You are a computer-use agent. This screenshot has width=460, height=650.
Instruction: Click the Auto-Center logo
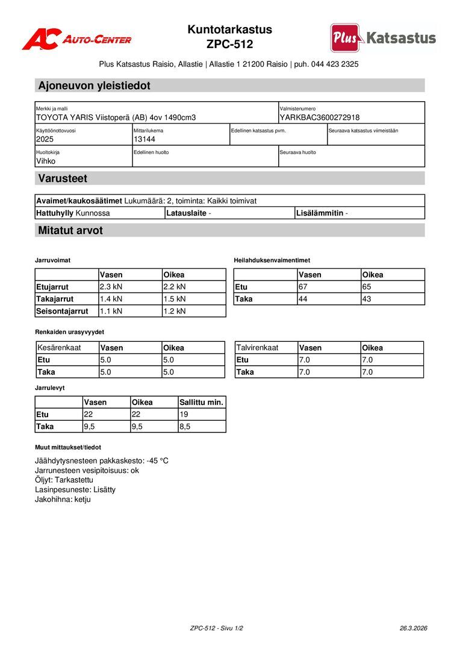(x=76, y=39)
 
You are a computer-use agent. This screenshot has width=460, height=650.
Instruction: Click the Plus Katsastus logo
(x=383, y=38)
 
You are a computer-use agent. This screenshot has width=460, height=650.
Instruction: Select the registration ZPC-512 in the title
(x=229, y=45)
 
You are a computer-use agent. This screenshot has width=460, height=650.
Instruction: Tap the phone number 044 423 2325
(x=335, y=64)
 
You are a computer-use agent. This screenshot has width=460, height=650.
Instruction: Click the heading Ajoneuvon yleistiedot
(x=94, y=85)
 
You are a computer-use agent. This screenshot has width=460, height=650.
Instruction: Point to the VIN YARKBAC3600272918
(x=320, y=117)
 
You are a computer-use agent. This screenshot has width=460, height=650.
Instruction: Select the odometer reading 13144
(x=145, y=139)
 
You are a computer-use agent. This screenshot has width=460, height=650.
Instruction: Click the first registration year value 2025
(x=45, y=139)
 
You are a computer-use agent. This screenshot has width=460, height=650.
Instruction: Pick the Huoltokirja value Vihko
(x=46, y=161)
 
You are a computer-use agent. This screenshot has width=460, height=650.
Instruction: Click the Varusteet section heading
(x=63, y=178)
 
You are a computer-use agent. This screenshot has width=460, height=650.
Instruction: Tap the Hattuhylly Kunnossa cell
(x=73, y=213)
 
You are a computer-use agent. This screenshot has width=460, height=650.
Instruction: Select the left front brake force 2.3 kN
(x=111, y=287)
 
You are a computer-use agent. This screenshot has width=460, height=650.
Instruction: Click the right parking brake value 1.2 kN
(x=175, y=311)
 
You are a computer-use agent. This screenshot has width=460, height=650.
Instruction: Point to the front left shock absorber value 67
(x=303, y=287)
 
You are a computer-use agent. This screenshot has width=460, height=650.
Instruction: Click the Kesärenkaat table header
(x=59, y=348)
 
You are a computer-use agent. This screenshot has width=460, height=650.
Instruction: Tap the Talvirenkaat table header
(x=257, y=348)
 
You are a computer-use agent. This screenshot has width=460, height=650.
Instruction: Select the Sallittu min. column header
(x=201, y=402)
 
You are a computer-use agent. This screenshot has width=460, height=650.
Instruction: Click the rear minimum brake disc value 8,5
(x=185, y=426)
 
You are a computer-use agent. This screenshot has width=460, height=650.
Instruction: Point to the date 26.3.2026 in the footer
(x=413, y=628)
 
